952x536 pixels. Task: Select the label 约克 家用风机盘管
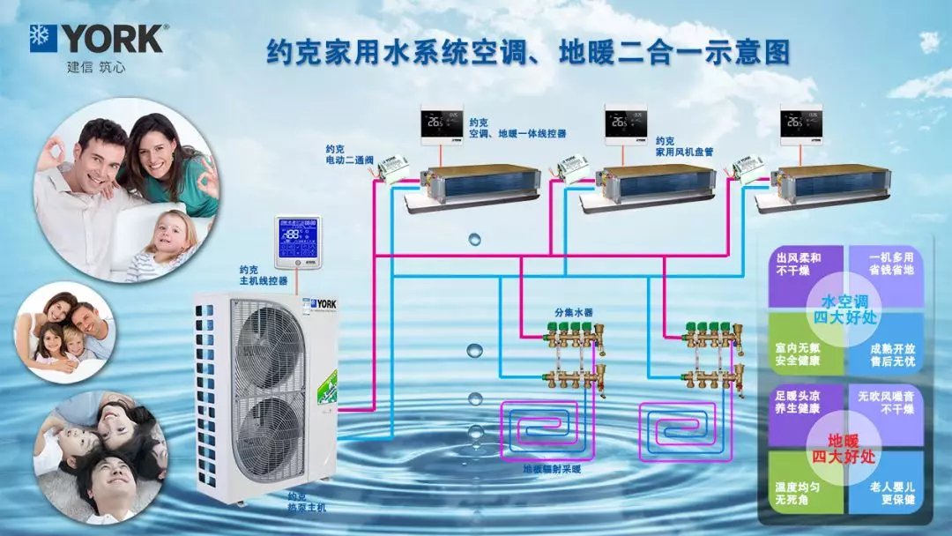coord(684,145)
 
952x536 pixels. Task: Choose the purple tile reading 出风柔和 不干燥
coord(798,264)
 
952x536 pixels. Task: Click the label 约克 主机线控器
coord(263,276)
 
